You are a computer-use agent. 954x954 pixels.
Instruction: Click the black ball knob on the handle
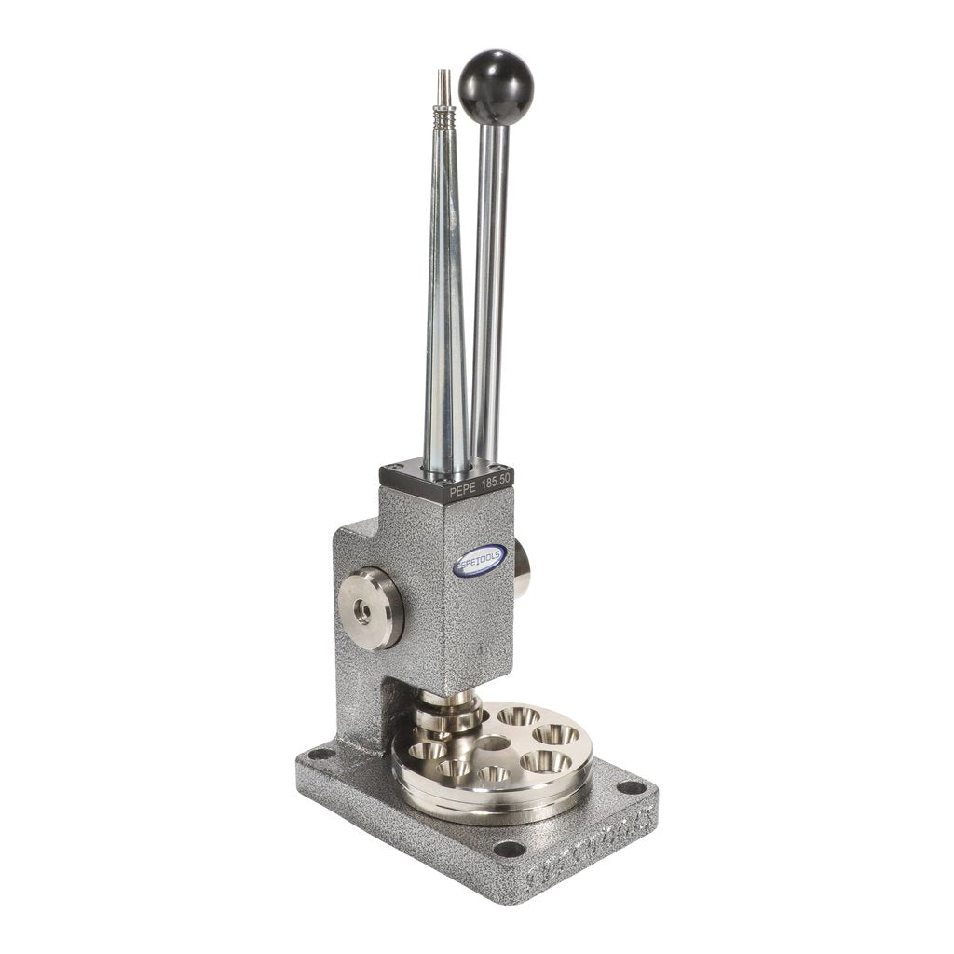click(x=497, y=87)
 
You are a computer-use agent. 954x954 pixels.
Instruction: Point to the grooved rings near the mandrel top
click(x=444, y=119)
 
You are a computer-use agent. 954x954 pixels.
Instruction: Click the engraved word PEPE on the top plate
click(x=466, y=486)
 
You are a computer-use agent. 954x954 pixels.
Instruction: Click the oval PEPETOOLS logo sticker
click(x=480, y=559)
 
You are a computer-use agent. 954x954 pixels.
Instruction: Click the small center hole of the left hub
click(x=362, y=610)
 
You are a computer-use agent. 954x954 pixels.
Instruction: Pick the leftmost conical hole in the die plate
click(x=427, y=751)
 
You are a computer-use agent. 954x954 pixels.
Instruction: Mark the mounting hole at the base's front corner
click(x=509, y=849)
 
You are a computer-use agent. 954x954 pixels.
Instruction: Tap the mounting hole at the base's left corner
click(x=320, y=754)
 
